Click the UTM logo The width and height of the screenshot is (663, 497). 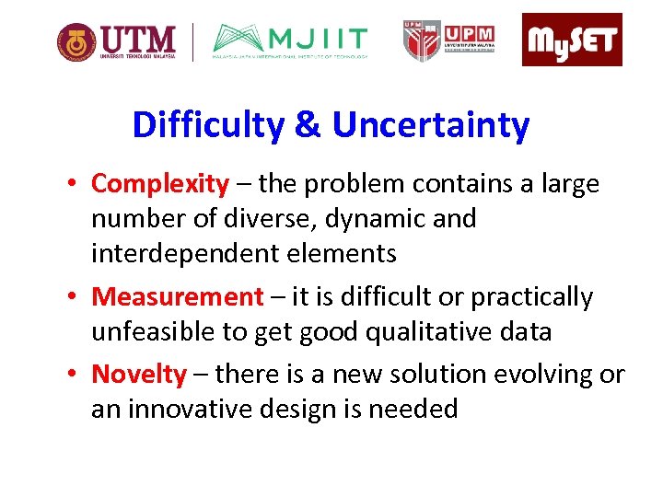point(116,41)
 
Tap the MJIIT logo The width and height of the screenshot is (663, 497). point(290,41)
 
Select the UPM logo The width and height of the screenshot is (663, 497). point(448,40)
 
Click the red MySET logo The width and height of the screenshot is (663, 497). point(572,40)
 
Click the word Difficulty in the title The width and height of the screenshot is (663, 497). point(208,125)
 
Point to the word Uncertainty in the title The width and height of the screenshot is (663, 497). point(431,125)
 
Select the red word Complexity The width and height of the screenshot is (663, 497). point(159,184)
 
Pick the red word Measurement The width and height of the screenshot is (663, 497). point(178,297)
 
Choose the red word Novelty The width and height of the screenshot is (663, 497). point(139,375)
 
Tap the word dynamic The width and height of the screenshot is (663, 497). point(369,219)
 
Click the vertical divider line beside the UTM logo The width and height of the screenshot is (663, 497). point(192,41)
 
